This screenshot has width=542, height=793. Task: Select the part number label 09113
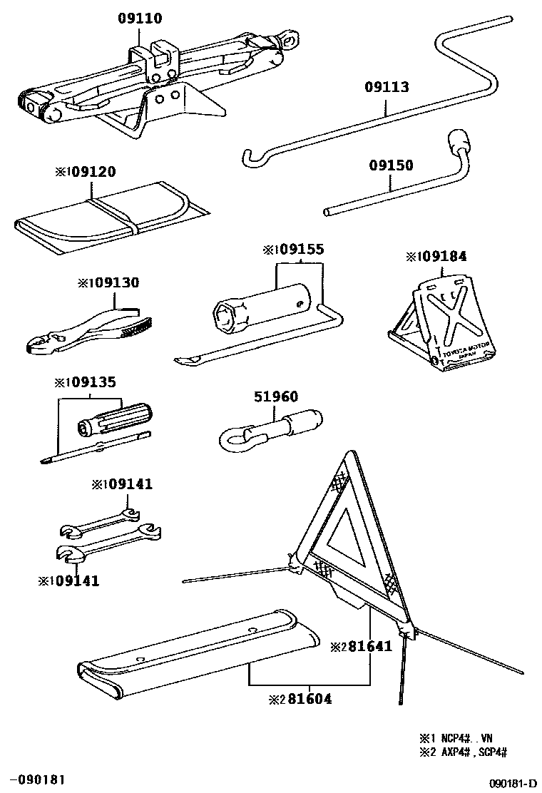tap(387, 88)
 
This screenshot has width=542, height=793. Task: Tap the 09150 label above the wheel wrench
tap(391, 165)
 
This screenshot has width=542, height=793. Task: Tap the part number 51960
tap(276, 397)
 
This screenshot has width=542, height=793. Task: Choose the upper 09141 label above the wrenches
tap(128, 484)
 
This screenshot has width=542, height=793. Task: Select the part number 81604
tap(305, 699)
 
